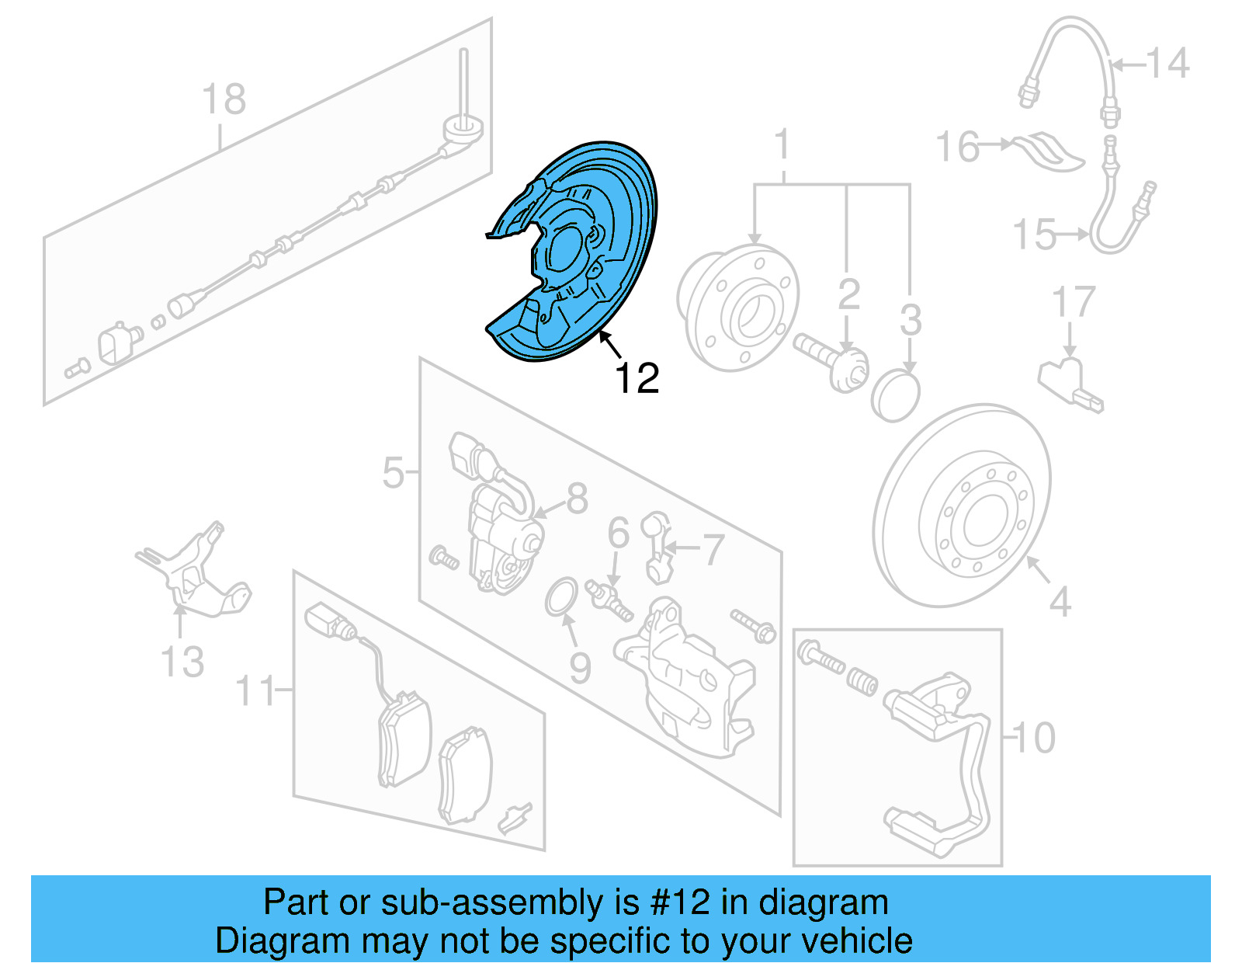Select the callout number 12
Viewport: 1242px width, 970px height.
[x=636, y=379]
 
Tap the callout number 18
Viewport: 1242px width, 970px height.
[x=224, y=99]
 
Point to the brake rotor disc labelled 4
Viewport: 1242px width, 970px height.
[x=963, y=505]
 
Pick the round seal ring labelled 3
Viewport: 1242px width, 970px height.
[x=895, y=395]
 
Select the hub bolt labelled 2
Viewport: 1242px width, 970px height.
[x=831, y=356]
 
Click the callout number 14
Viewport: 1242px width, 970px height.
[x=1167, y=64]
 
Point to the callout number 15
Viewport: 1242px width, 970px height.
[x=1035, y=234]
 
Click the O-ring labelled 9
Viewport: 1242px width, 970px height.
[x=560, y=596]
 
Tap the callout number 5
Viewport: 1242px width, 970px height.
[x=393, y=472]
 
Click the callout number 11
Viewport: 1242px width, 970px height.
[x=255, y=690]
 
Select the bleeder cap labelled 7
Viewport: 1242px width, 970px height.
[x=657, y=548]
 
